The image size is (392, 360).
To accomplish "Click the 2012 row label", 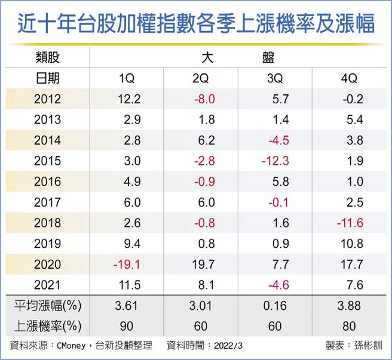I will pyautogui.click(x=47, y=99).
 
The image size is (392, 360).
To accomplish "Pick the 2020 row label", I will pyautogui.click(x=47, y=264).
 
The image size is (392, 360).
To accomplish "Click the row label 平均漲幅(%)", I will pyautogui.click(x=47, y=306).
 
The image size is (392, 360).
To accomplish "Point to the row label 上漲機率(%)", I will pyautogui.click(x=47, y=326).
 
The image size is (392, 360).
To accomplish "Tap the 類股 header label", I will pyautogui.click(x=47, y=59).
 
